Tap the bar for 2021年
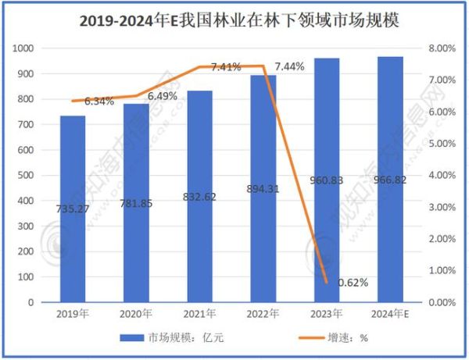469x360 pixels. point(199,196)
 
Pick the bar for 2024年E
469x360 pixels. point(391,179)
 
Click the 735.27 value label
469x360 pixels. point(73,211)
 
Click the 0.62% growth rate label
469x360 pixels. point(352,281)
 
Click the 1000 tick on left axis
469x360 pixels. point(26,48)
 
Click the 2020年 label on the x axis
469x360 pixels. point(136,314)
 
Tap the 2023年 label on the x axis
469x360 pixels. point(327,314)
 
